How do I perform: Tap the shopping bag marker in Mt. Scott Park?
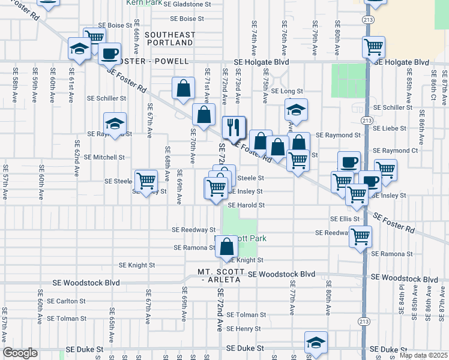pyautogui.click(x=226, y=247)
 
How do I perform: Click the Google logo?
pyautogui.click(x=20, y=353)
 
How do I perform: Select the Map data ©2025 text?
pyautogui.click(x=423, y=355)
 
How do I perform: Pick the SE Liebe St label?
pyautogui.click(x=390, y=128)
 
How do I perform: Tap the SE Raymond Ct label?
pyautogui.click(x=395, y=151)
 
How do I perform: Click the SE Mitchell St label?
pyautogui.click(x=104, y=157)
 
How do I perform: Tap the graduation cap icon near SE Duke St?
pyautogui.click(x=316, y=342)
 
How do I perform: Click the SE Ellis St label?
pyautogui.click(x=345, y=219)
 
